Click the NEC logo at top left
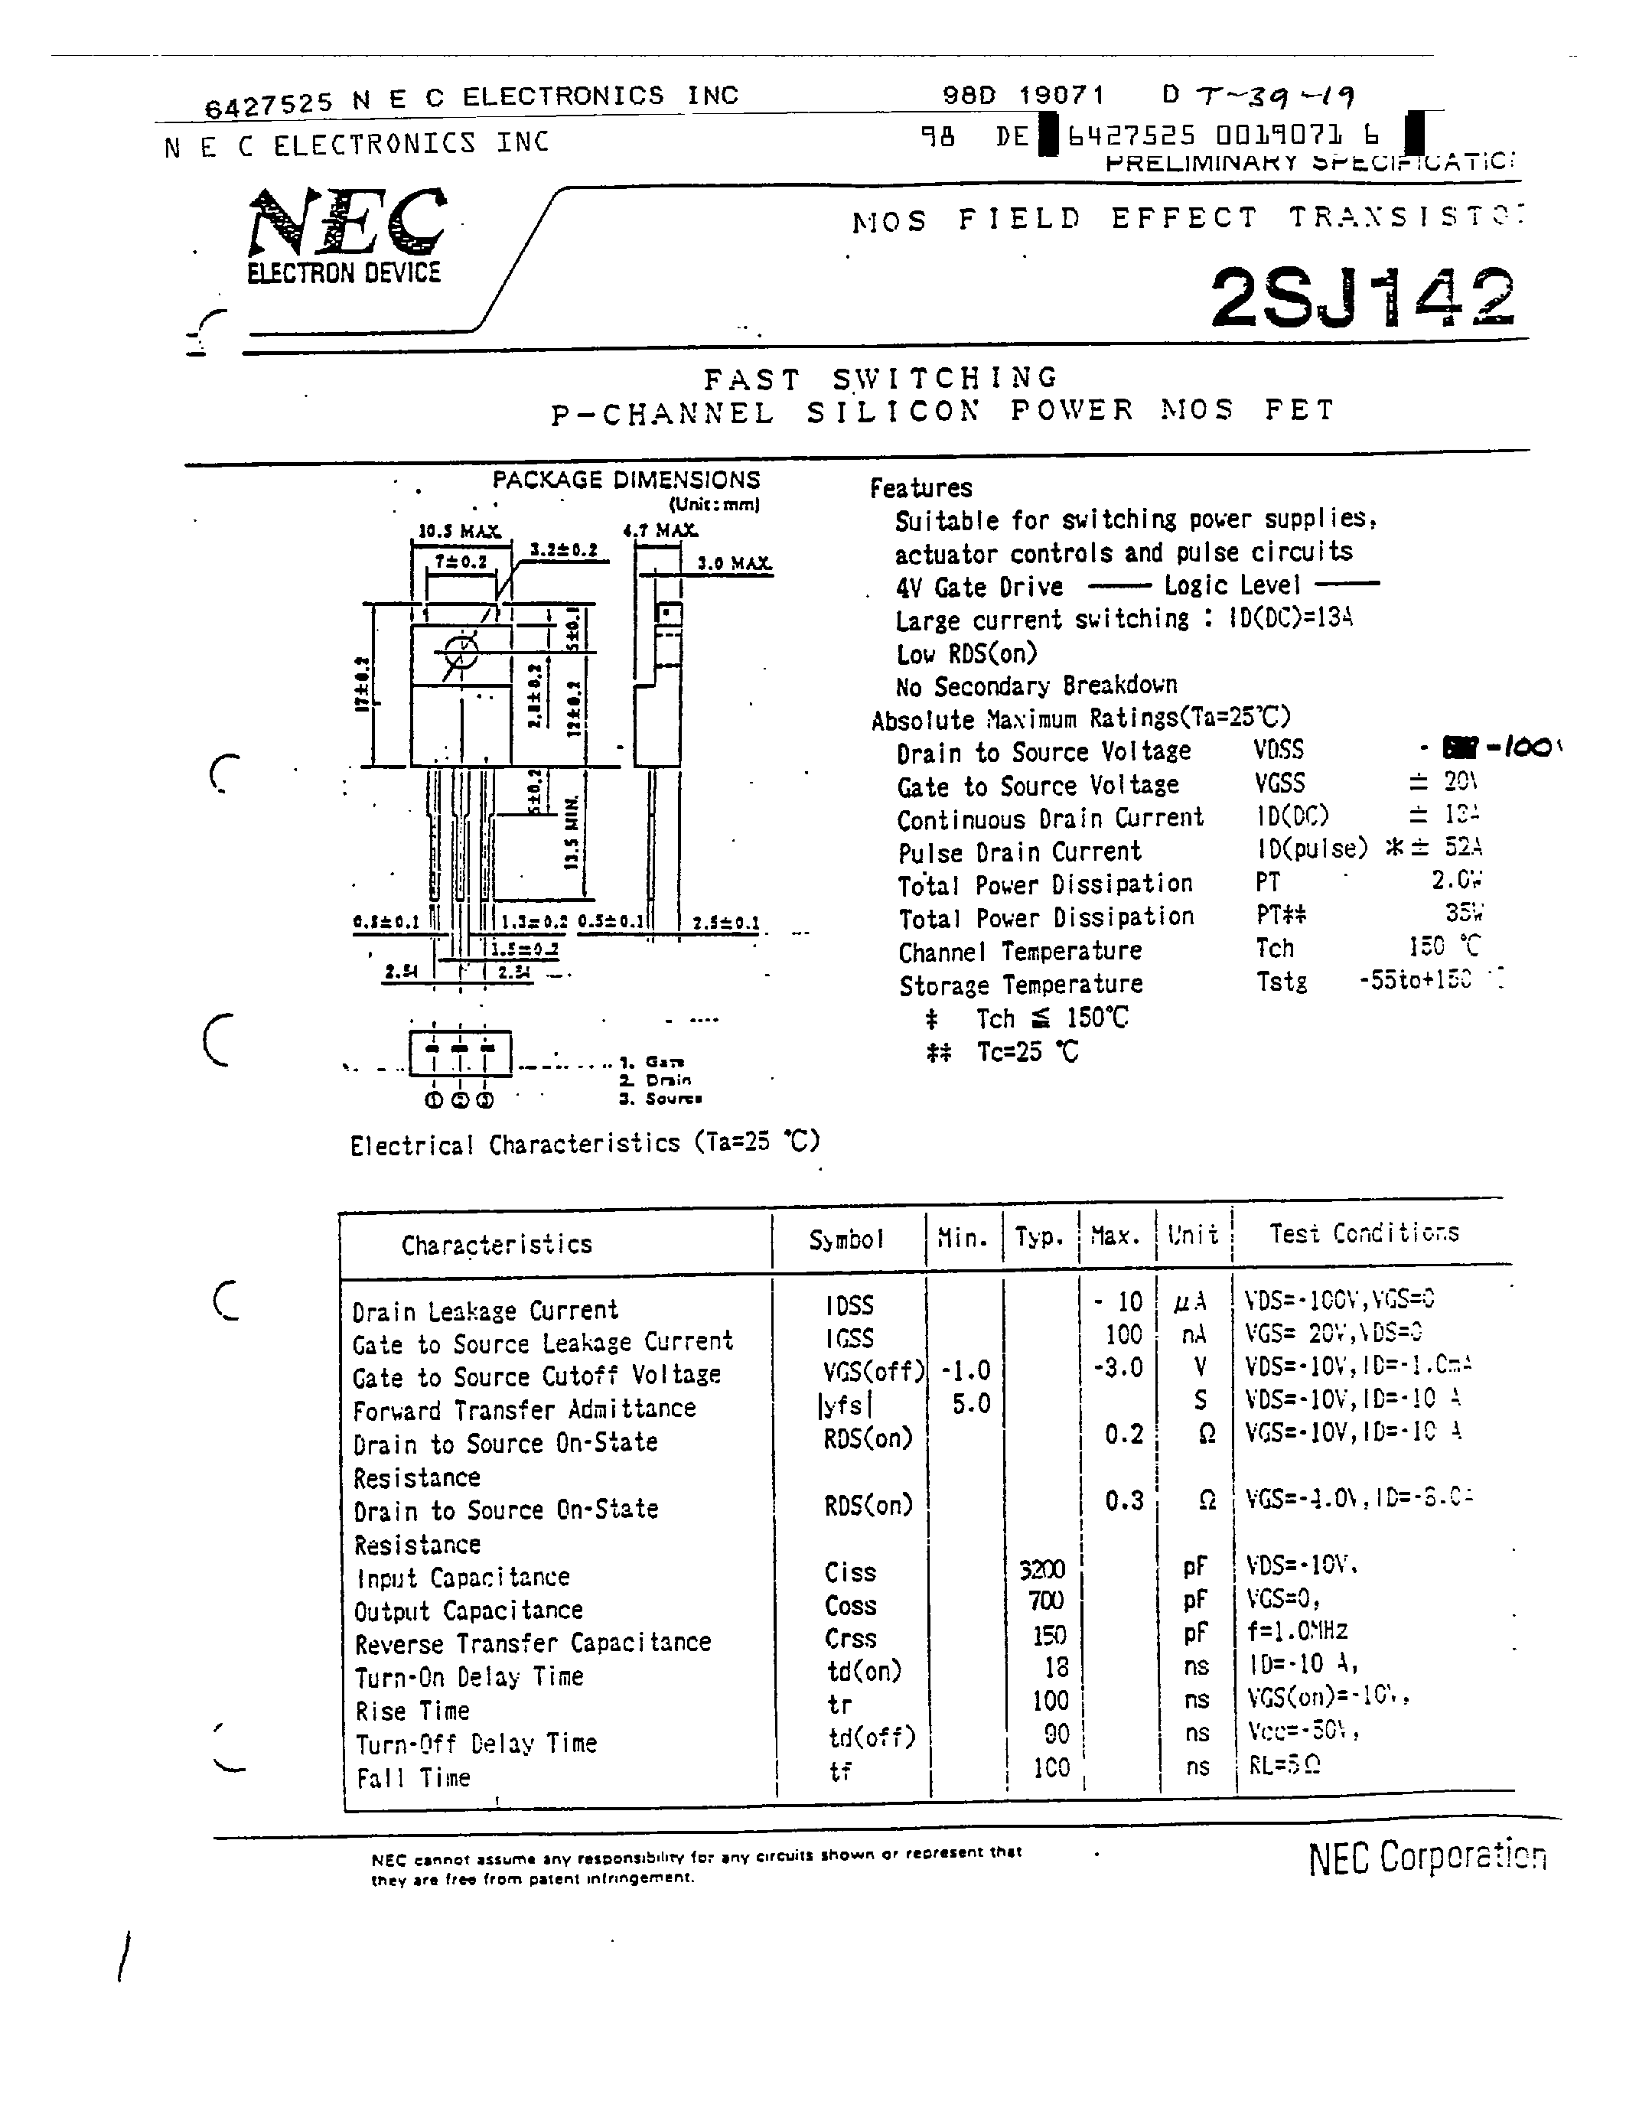click(x=347, y=223)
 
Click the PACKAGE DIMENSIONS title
click(x=626, y=480)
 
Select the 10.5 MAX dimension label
click(x=458, y=531)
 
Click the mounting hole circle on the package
click(x=461, y=652)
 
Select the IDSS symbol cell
click(x=849, y=1305)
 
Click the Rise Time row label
click(x=412, y=1711)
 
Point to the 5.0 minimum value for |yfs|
click(x=971, y=1404)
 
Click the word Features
click(x=921, y=488)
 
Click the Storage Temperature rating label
click(x=1021, y=985)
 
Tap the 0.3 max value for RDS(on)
click(x=1124, y=1500)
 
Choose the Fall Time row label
click(x=413, y=1777)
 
